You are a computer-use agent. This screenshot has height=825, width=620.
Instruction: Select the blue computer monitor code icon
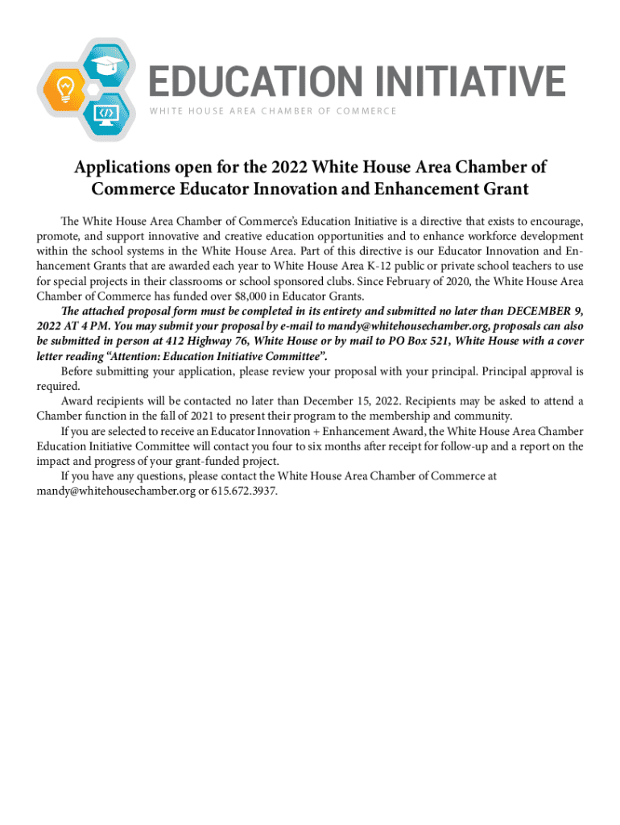pyautogui.click(x=105, y=112)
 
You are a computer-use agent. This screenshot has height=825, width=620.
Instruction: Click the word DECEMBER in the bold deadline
pyautogui.click(x=532, y=312)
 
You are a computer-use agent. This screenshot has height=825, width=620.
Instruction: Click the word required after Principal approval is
pyautogui.click(x=58, y=386)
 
